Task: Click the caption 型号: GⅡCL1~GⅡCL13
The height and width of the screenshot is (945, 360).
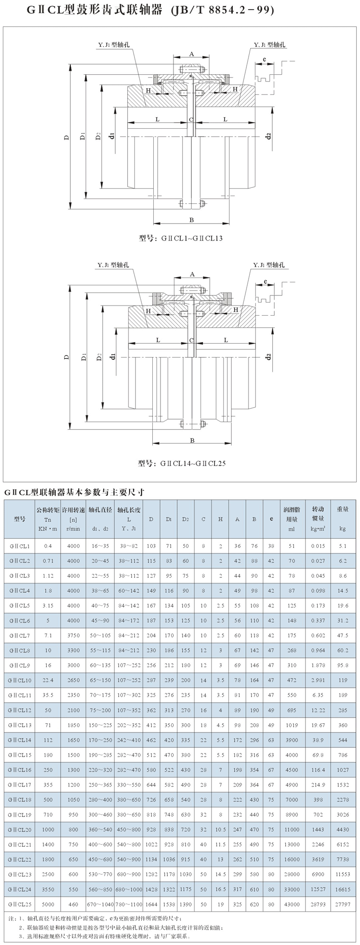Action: tap(180, 239)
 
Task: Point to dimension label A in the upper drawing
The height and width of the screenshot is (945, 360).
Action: tap(191, 54)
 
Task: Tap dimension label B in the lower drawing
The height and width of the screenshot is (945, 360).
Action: tap(192, 440)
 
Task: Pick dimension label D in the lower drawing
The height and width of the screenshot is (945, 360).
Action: tap(66, 358)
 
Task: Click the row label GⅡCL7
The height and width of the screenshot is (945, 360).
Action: tap(20, 636)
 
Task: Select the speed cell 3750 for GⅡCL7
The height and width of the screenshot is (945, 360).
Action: tap(74, 636)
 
